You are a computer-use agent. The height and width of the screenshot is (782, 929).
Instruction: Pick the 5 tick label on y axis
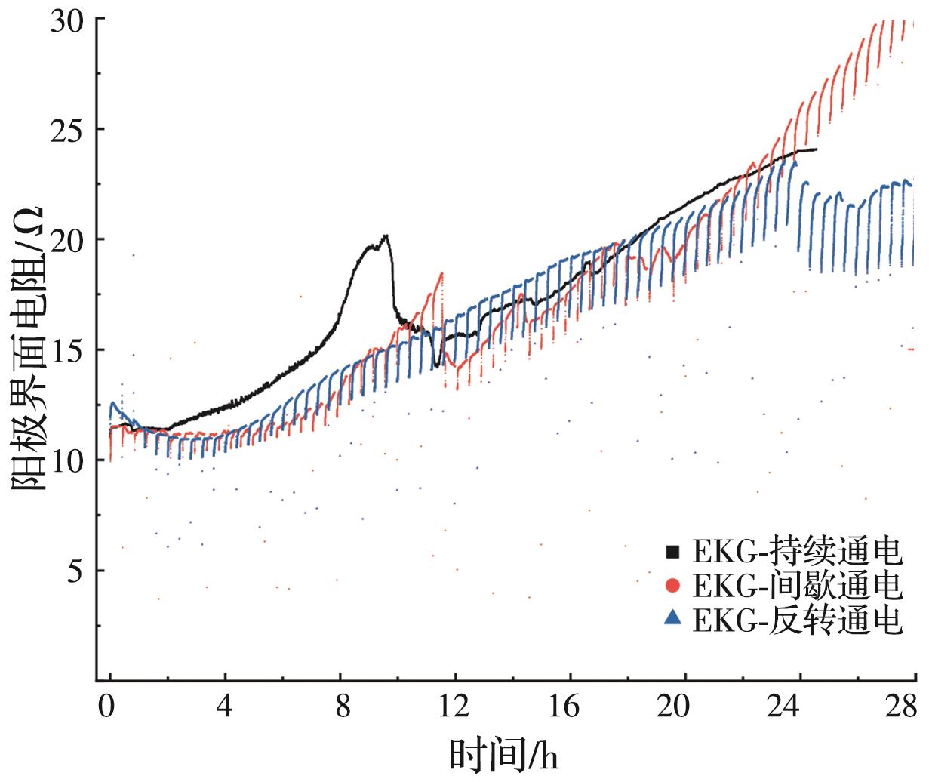(75, 571)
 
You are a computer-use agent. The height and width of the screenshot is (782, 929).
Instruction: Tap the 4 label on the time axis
(225, 708)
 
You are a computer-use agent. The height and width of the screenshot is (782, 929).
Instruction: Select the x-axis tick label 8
(340, 708)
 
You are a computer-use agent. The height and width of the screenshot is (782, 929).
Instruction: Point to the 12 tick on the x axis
(454, 708)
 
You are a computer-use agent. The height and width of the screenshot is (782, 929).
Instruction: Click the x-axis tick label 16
(569, 708)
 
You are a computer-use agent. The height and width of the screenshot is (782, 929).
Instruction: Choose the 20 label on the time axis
(684, 708)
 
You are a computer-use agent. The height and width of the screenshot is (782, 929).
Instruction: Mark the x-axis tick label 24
(798, 708)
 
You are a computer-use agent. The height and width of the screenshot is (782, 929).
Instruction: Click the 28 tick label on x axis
(901, 708)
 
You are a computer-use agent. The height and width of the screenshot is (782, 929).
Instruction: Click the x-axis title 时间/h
(504, 755)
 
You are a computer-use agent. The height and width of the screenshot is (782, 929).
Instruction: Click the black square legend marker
(672, 553)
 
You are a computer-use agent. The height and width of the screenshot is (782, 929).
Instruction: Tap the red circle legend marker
(672, 586)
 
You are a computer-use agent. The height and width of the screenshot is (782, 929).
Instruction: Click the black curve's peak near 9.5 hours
(386, 236)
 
